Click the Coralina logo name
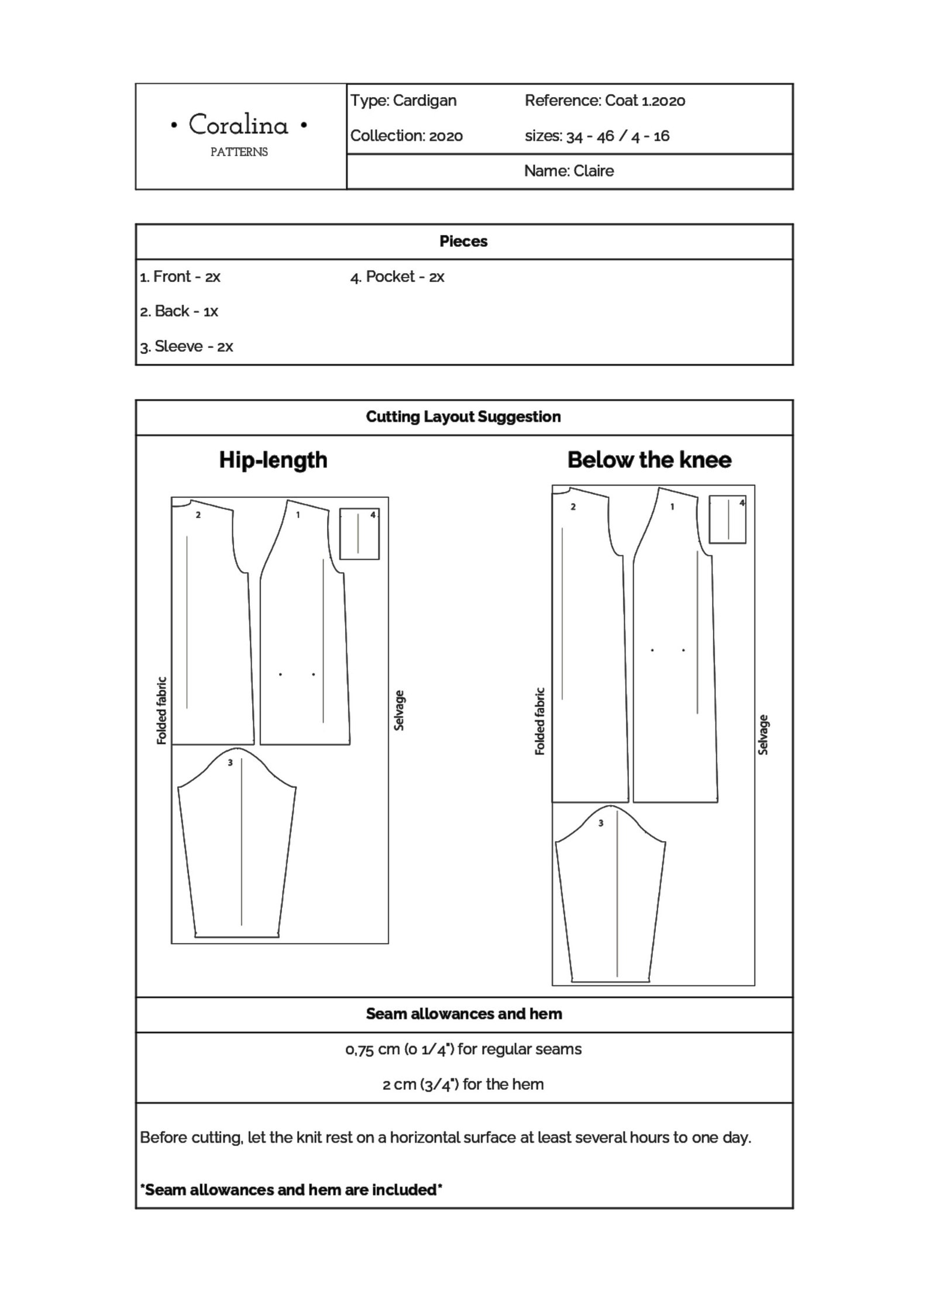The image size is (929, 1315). tap(239, 125)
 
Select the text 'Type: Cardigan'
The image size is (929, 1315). tap(403, 101)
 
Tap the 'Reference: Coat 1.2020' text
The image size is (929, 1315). tap(604, 101)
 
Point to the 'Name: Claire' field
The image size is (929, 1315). tap(569, 171)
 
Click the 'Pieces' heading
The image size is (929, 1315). tap(463, 241)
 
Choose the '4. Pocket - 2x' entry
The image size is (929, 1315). tap(397, 277)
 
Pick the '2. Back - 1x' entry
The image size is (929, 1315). tap(178, 311)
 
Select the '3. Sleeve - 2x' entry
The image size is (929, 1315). tap(186, 346)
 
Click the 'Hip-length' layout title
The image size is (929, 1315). tap(273, 460)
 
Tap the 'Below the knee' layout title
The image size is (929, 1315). tap(649, 460)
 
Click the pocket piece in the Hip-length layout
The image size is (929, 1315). tap(359, 533)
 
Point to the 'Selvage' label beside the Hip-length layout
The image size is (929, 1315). tap(400, 710)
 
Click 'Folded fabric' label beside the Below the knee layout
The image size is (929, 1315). tap(540, 721)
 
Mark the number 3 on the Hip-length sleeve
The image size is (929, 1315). tap(230, 763)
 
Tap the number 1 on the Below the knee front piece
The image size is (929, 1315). tap(672, 507)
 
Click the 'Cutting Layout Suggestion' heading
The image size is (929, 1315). tap(463, 416)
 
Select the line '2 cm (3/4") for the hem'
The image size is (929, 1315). tap(463, 1084)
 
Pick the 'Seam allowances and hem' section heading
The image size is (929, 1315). tap(463, 1014)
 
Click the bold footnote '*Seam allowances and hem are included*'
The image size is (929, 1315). tap(291, 1189)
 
